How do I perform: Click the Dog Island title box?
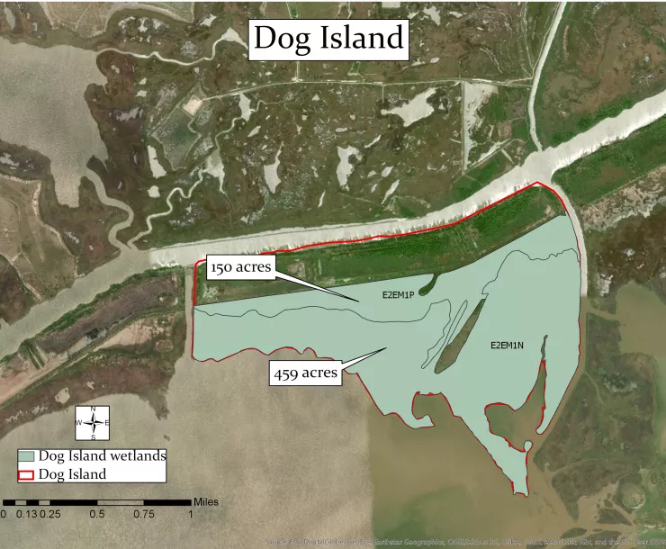(x=328, y=38)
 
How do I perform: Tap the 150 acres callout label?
(x=239, y=267)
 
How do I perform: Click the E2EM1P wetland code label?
(x=383, y=295)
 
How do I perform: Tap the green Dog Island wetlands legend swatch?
(x=33, y=456)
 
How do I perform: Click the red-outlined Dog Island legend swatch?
(x=33, y=474)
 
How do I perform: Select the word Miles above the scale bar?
(x=205, y=501)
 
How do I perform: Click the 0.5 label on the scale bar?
(x=97, y=515)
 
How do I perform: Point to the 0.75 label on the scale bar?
(x=144, y=515)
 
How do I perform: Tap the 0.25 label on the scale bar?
(x=50, y=515)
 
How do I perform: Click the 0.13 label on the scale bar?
(x=27, y=515)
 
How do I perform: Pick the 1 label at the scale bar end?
(x=191, y=515)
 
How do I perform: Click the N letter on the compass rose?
(x=94, y=409)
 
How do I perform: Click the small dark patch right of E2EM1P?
(x=426, y=285)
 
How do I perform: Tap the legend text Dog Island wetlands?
(x=107, y=456)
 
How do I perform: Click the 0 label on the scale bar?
(x=4, y=515)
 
